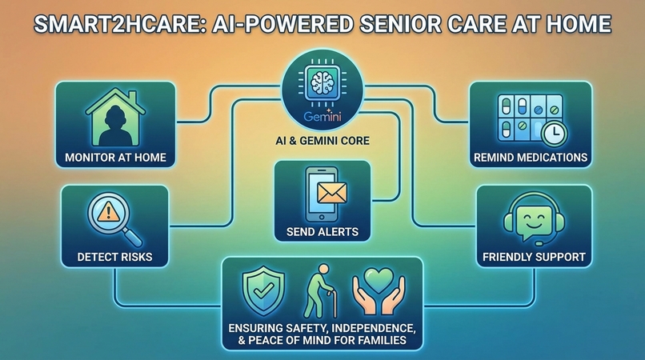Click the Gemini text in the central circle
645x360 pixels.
(322, 118)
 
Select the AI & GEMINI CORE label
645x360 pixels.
(322, 146)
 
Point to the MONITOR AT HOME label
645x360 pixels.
(115, 157)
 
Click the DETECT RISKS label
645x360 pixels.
(115, 258)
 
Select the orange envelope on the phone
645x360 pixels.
(329, 192)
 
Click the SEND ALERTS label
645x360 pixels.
(322, 232)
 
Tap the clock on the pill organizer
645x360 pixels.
(551, 131)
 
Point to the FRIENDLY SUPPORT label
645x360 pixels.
(533, 258)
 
